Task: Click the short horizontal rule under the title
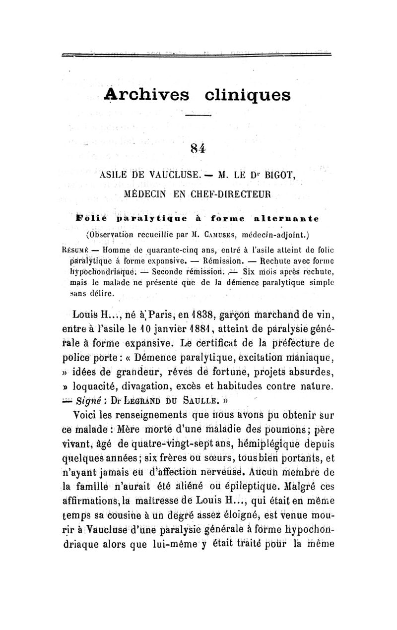point(198,116)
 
